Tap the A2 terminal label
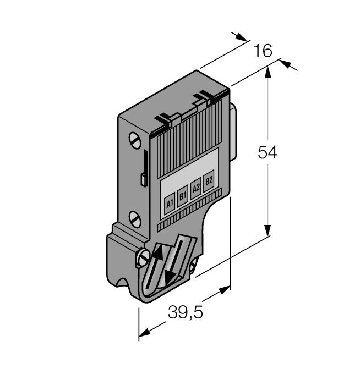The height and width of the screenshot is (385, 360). click(195, 187)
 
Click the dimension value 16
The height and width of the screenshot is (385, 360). click(263, 51)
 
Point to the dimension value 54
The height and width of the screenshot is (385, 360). click(268, 152)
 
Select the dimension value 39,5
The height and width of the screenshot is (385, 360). click(186, 313)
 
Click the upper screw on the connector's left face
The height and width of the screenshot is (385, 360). click(135, 140)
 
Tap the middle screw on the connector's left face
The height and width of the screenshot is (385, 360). click(135, 218)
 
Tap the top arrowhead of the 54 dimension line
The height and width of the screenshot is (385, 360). click(268, 70)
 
